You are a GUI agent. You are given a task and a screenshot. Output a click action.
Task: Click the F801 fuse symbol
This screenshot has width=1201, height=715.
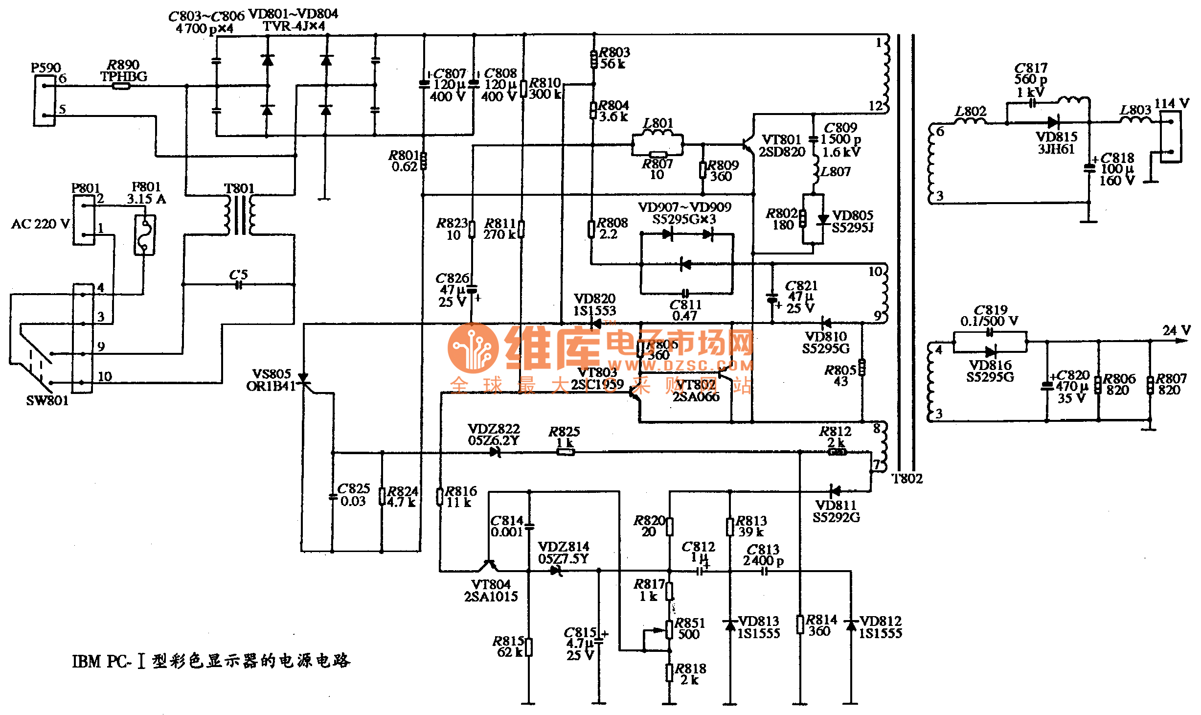tap(145, 235)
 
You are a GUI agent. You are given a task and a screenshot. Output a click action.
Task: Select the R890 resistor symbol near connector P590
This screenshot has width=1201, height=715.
tap(121, 87)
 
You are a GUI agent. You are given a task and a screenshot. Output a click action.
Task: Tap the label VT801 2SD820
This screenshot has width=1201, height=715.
tap(782, 146)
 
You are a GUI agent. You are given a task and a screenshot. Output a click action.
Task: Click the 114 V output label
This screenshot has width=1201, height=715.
tap(1171, 103)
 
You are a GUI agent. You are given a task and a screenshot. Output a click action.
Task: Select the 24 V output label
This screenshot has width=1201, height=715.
tap(1176, 330)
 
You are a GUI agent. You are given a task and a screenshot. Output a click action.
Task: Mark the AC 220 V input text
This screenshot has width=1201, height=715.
tap(40, 224)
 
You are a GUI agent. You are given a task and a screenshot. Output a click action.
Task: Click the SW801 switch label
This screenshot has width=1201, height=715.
tap(47, 401)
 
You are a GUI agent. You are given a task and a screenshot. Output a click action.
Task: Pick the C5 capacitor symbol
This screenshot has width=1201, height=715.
tap(239, 285)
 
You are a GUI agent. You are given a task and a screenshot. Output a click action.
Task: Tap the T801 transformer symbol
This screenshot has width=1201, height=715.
tap(239, 215)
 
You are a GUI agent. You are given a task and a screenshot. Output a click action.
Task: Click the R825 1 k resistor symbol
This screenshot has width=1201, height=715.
tap(566, 452)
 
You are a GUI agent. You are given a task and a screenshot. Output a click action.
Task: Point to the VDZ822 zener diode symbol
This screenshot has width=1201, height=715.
tap(495, 452)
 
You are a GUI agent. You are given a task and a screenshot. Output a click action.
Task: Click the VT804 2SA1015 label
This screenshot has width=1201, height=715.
tap(491, 591)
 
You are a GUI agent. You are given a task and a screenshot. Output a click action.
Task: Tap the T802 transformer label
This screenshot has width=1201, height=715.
tap(907, 479)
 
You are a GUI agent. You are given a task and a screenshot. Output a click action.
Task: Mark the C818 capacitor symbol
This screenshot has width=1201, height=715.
tap(1089, 168)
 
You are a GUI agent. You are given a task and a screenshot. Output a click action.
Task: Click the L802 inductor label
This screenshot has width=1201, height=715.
tap(971, 111)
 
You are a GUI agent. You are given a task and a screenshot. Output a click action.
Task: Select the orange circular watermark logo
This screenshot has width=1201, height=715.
tap(473, 348)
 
